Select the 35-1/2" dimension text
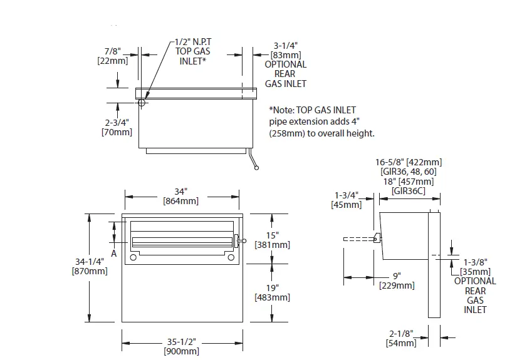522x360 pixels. [x=181, y=342]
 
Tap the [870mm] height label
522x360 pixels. [x=90, y=271]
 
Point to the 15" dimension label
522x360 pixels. [x=272, y=235]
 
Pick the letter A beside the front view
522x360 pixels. [x=114, y=254]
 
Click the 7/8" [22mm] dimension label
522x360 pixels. [x=113, y=56]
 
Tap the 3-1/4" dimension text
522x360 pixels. [x=285, y=45]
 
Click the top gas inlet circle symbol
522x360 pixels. [x=142, y=103]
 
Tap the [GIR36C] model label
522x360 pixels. [x=410, y=190]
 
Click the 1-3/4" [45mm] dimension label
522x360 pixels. [x=347, y=200]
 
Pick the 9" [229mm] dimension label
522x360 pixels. [x=397, y=280]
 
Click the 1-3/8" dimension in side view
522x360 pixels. [x=476, y=262]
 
